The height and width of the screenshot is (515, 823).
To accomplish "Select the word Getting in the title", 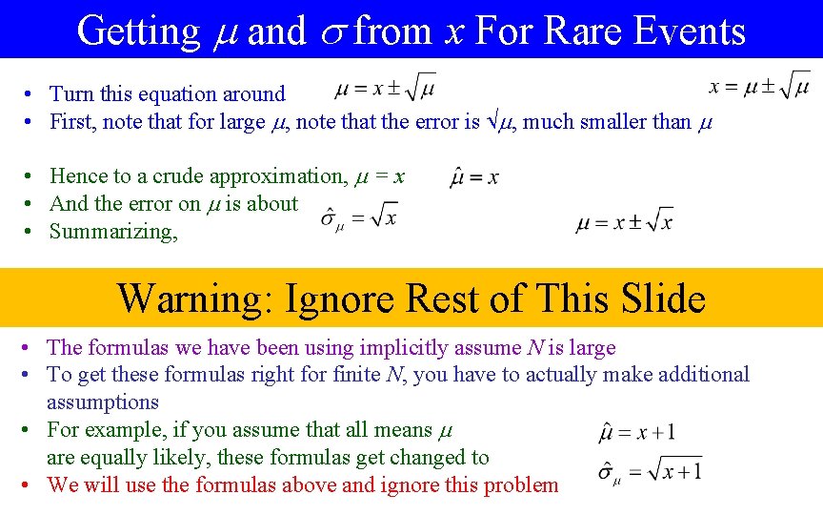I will [x=138, y=31].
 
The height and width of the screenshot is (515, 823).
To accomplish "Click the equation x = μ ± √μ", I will [x=759, y=87].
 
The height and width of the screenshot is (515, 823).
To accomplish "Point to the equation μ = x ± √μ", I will [x=386, y=90].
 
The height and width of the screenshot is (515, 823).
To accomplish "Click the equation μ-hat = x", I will [x=474, y=176].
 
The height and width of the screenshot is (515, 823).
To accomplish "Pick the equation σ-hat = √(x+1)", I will [x=650, y=471].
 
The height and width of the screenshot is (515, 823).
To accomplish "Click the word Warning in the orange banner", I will [x=193, y=299].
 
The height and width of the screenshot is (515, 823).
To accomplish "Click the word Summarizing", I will [x=113, y=232].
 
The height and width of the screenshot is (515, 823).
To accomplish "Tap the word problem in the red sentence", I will [x=521, y=485].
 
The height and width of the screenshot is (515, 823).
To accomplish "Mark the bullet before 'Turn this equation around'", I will [x=31, y=94].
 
